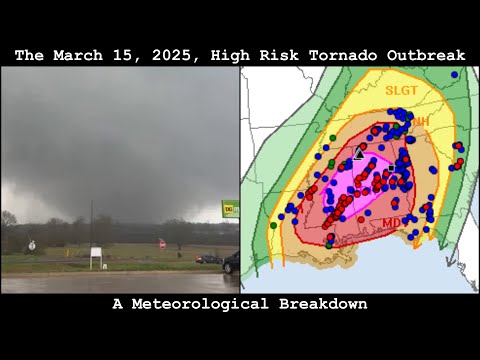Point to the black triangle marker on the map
[359, 153]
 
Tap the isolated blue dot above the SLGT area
[454, 74]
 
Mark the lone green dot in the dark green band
[273, 226]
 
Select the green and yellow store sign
[230, 209]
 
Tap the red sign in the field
[161, 242]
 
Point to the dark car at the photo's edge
[231, 262]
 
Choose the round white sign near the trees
[33, 244]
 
